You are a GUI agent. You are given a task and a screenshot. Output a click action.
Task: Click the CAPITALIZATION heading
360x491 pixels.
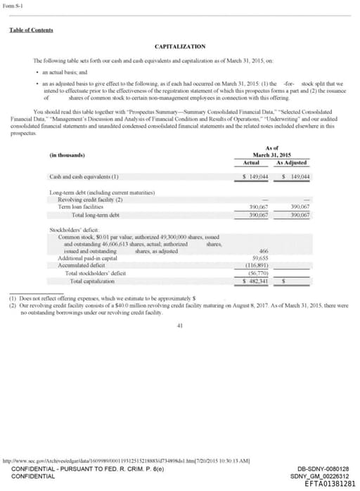180,46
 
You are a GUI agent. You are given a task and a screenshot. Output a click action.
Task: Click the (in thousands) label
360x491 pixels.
69,155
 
